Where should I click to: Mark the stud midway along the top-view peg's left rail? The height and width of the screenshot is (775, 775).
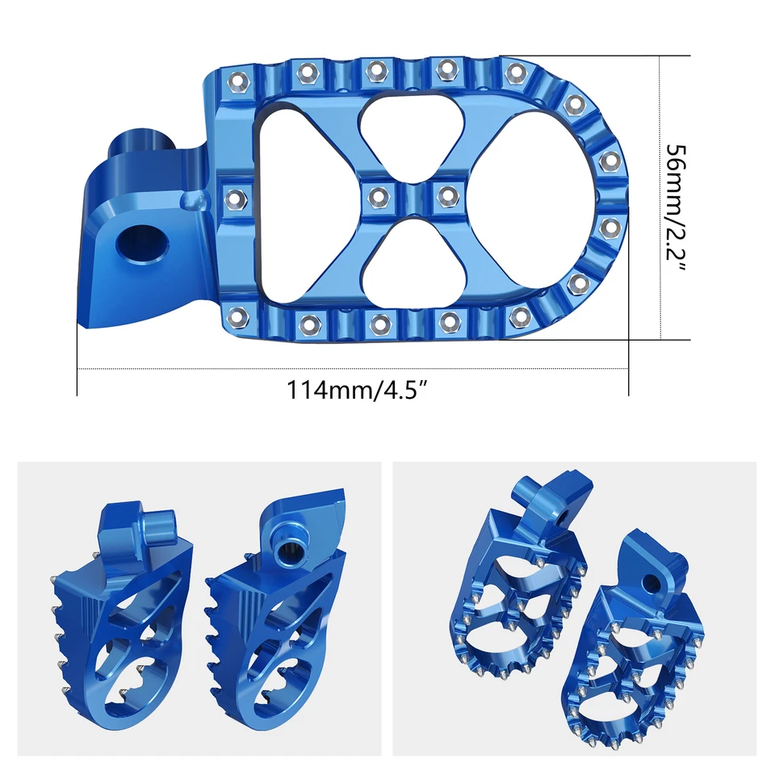pyautogui.click(x=235, y=196)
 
